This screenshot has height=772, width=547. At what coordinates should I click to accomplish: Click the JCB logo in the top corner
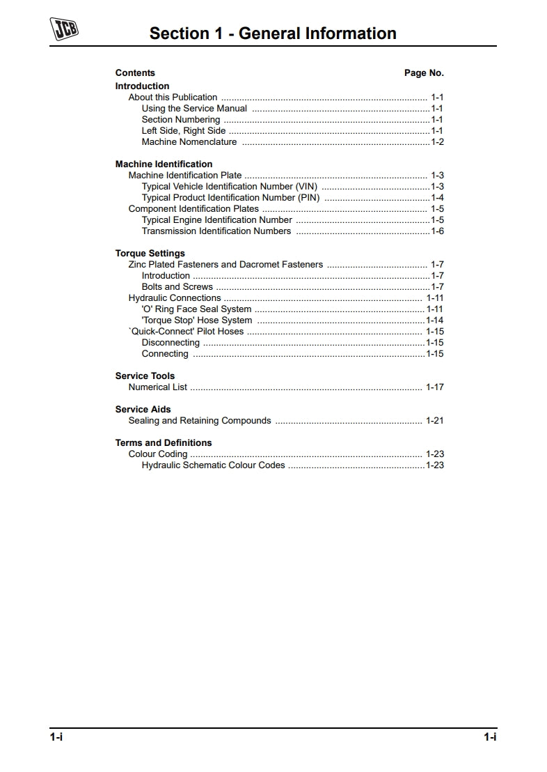[x=64, y=29]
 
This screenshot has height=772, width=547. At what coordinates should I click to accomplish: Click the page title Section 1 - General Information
[x=273, y=33]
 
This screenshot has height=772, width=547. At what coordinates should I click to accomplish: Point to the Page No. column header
[x=424, y=73]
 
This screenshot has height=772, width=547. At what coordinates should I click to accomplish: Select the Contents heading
[x=135, y=73]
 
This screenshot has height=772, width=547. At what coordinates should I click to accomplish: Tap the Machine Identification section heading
[x=164, y=164]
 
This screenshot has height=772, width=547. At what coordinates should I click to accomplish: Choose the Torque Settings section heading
[x=150, y=254]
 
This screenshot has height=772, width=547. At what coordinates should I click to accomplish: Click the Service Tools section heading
[x=145, y=376]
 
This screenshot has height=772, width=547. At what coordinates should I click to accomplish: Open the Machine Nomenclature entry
[x=189, y=142]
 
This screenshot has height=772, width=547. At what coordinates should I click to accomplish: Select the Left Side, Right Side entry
[x=183, y=131]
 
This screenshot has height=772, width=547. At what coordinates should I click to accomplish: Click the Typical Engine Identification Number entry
[x=216, y=220]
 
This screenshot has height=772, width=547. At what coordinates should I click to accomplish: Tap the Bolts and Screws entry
[x=177, y=287]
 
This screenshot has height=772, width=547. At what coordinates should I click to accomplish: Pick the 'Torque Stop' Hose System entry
[x=196, y=321]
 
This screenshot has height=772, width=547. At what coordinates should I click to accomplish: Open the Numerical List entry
[x=157, y=387]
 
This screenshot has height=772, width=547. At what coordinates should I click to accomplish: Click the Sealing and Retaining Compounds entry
[x=200, y=421]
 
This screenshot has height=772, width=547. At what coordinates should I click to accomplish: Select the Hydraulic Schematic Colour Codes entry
[x=213, y=465]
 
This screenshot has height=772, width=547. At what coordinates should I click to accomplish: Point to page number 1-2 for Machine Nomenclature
[x=437, y=142]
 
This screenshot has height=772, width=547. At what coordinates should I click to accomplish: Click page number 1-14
[x=434, y=321]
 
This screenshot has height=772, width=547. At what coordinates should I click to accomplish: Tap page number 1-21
[x=434, y=421]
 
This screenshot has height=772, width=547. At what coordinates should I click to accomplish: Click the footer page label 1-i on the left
[x=56, y=737]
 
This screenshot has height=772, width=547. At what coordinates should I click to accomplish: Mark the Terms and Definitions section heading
[x=163, y=443]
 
